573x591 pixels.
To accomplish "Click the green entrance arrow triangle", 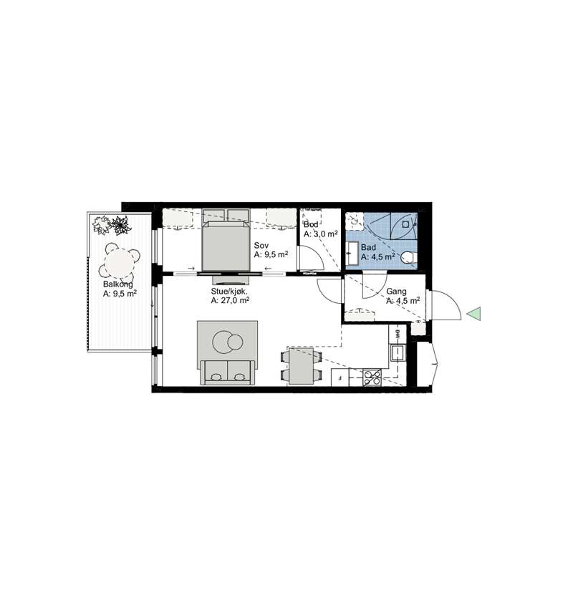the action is click(475, 314).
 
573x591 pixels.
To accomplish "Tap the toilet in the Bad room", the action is click(408, 258).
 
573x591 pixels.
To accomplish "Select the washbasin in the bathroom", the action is click(352, 254).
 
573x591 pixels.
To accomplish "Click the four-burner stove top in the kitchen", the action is click(372, 378).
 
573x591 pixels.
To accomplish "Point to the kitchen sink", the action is click(398, 354).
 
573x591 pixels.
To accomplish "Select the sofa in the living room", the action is click(227, 373).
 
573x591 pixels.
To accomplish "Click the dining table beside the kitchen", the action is click(301, 366).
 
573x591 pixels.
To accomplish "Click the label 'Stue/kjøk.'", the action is click(229, 292).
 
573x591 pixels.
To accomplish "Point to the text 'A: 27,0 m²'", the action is click(231, 300).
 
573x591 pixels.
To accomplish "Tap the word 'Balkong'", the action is click(118, 284).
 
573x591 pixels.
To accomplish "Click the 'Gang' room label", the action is click(396, 292).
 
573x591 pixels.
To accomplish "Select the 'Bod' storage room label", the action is click(311, 225).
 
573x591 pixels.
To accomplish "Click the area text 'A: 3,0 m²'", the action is click(320, 234).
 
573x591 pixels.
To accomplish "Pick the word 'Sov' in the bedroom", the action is click(261, 246).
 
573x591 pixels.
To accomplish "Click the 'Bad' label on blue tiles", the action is click(368, 248).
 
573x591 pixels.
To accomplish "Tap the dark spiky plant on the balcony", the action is click(120, 225).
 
